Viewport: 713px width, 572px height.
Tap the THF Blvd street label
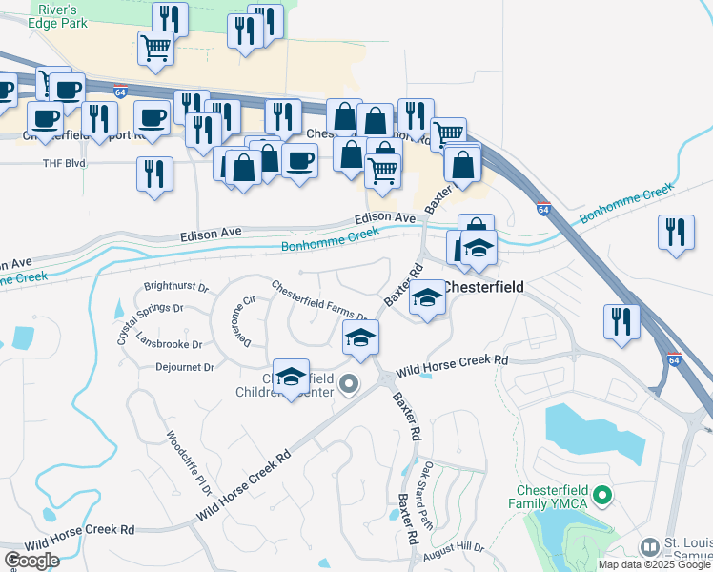[64, 163]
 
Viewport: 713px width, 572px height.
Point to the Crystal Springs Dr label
[150, 309]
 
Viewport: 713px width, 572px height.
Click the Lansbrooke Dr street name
[169, 344]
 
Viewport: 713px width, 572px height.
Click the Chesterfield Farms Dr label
[320, 300]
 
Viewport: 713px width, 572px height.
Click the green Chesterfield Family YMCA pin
[601, 496]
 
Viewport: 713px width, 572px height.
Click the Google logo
[31, 561]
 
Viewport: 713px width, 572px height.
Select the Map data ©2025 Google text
[654, 564]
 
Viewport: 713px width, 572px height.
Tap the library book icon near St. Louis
[649, 547]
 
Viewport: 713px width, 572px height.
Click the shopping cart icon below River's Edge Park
[155, 47]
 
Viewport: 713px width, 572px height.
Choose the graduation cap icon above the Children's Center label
[292, 376]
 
